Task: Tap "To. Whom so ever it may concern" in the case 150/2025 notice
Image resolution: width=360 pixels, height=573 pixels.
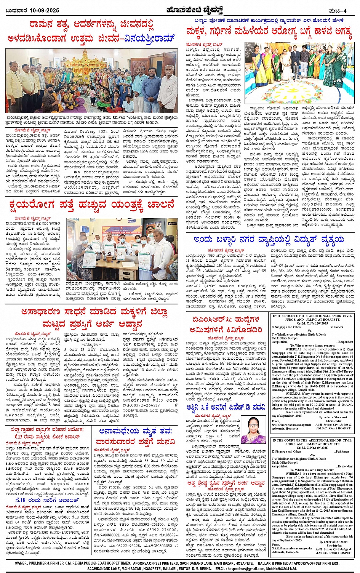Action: tap(309, 346)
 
